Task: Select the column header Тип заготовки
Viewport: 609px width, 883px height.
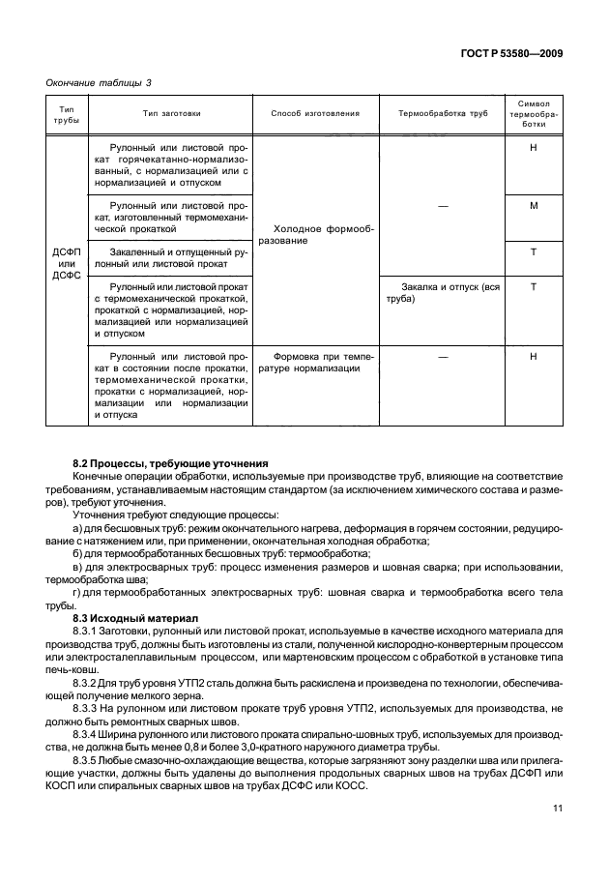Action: coord(170,113)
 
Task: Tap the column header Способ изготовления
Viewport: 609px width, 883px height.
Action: coord(315,113)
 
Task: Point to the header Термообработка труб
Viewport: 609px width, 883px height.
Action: coord(443,113)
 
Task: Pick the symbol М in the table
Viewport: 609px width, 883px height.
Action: coord(534,206)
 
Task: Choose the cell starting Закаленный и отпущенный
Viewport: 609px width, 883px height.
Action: coord(170,257)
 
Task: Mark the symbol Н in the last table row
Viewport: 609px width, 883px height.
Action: coord(534,357)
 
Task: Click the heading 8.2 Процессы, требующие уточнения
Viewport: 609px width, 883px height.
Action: coord(171,463)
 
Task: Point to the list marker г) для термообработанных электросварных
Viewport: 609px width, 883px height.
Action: coord(76,590)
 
